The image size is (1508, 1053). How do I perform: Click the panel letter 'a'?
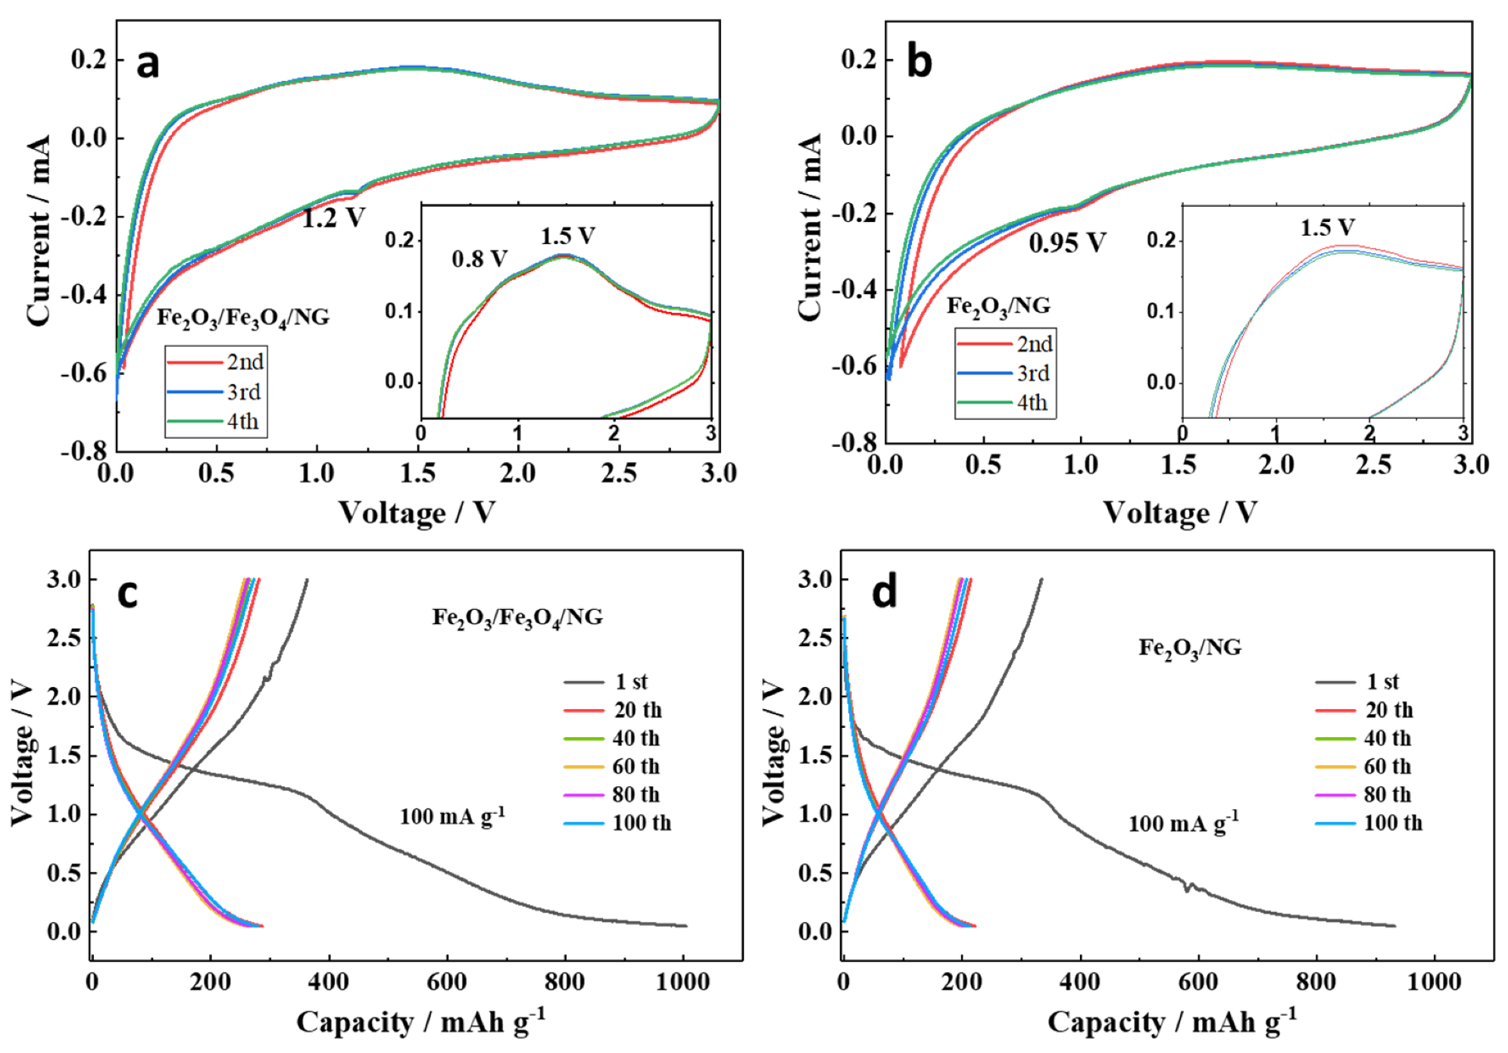[x=148, y=64]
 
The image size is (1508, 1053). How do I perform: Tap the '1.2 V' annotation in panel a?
[x=333, y=218]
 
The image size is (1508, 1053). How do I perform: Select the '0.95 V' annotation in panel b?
[x=1066, y=242]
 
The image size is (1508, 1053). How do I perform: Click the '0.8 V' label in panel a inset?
[x=479, y=259]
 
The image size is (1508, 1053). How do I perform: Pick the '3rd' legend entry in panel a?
[x=244, y=392]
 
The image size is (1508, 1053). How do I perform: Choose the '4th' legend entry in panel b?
[x=1032, y=402]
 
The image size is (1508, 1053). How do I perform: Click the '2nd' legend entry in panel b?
[x=1034, y=344]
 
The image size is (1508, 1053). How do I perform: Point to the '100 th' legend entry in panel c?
[x=641, y=823]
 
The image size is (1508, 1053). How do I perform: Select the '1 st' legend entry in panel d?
[x=1382, y=682]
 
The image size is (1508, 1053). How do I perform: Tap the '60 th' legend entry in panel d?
[x=1387, y=767]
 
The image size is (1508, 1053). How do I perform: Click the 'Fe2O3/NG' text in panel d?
[x=1190, y=648]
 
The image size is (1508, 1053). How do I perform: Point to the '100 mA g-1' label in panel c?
[x=452, y=817]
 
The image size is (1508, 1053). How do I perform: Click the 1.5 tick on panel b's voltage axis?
[x=1179, y=464]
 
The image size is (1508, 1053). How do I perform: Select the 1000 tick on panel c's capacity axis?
[x=682, y=982]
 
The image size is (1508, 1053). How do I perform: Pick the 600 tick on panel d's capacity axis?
[x=1197, y=982]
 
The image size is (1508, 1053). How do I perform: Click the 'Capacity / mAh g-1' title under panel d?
[x=1172, y=1022]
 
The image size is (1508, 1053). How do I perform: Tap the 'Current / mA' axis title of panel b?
[x=810, y=227]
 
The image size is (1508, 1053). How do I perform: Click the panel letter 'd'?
[x=884, y=592]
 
